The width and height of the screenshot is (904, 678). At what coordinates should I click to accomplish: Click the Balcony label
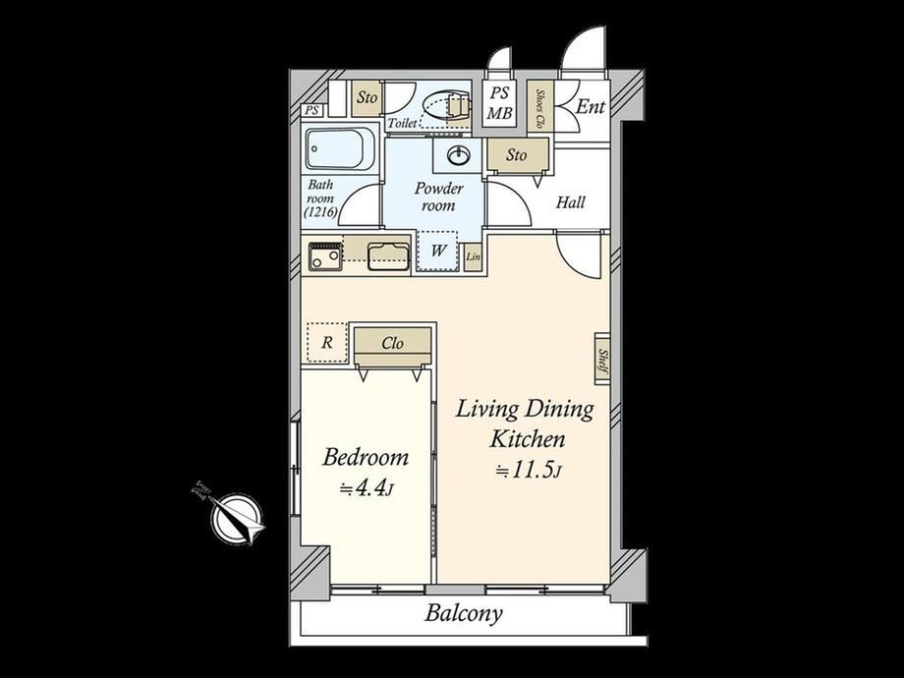[x=464, y=613]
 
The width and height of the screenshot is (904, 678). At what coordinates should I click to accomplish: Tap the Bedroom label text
[x=366, y=457]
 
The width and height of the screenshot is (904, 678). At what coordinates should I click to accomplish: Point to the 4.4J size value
[x=367, y=489]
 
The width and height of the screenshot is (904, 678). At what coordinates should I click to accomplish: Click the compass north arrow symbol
[x=238, y=518]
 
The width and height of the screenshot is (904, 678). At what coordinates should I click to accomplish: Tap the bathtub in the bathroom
[x=335, y=149]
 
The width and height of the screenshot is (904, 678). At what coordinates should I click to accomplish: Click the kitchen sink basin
[x=388, y=256]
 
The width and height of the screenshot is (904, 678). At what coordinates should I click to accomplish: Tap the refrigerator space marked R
[x=327, y=343]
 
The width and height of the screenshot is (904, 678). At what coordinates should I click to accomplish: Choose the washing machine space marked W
[x=438, y=251]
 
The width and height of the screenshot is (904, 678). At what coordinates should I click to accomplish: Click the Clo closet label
[x=393, y=343]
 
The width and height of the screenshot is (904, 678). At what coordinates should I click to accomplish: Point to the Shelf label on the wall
[x=603, y=361]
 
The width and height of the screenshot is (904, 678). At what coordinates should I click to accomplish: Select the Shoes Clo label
[x=540, y=108]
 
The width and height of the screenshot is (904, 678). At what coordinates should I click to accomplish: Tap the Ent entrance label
[x=591, y=107]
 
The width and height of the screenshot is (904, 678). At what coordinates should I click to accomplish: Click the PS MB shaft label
[x=499, y=103]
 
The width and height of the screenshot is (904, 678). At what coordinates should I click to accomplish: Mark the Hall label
[x=571, y=202]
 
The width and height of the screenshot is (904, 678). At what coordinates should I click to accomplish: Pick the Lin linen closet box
[x=474, y=256]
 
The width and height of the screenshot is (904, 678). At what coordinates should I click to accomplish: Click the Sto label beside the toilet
[x=367, y=97]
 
